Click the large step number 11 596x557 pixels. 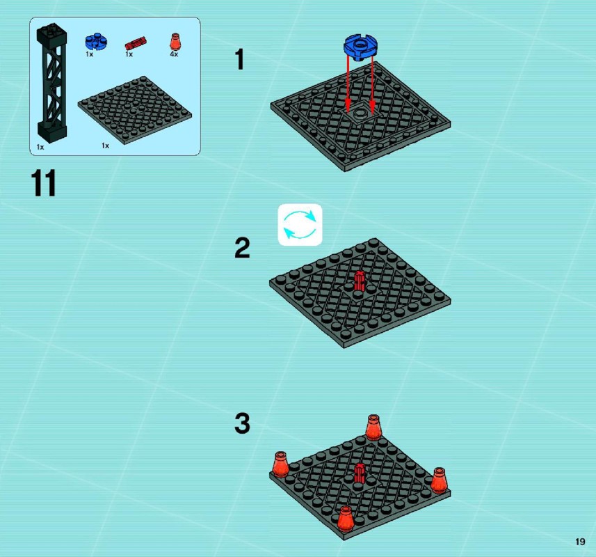click(43, 183)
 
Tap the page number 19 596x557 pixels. click(580, 542)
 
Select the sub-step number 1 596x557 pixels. click(239, 59)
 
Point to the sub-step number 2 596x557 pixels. click(243, 248)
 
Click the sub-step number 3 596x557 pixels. click(243, 423)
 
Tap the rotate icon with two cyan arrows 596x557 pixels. click(300, 225)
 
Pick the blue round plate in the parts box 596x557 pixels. click(96, 42)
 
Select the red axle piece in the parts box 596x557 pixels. click(136, 43)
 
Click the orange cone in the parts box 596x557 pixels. click(175, 42)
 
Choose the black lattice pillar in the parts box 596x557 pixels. click(51, 82)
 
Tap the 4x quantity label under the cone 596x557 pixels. click(174, 54)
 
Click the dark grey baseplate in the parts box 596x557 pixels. click(134, 109)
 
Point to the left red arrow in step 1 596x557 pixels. click(348, 84)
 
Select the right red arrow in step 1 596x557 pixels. click(372, 86)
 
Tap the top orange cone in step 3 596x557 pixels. click(373, 427)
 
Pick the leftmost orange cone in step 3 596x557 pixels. click(280, 464)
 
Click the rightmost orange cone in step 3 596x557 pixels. click(439, 480)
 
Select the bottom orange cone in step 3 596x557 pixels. click(346, 519)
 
